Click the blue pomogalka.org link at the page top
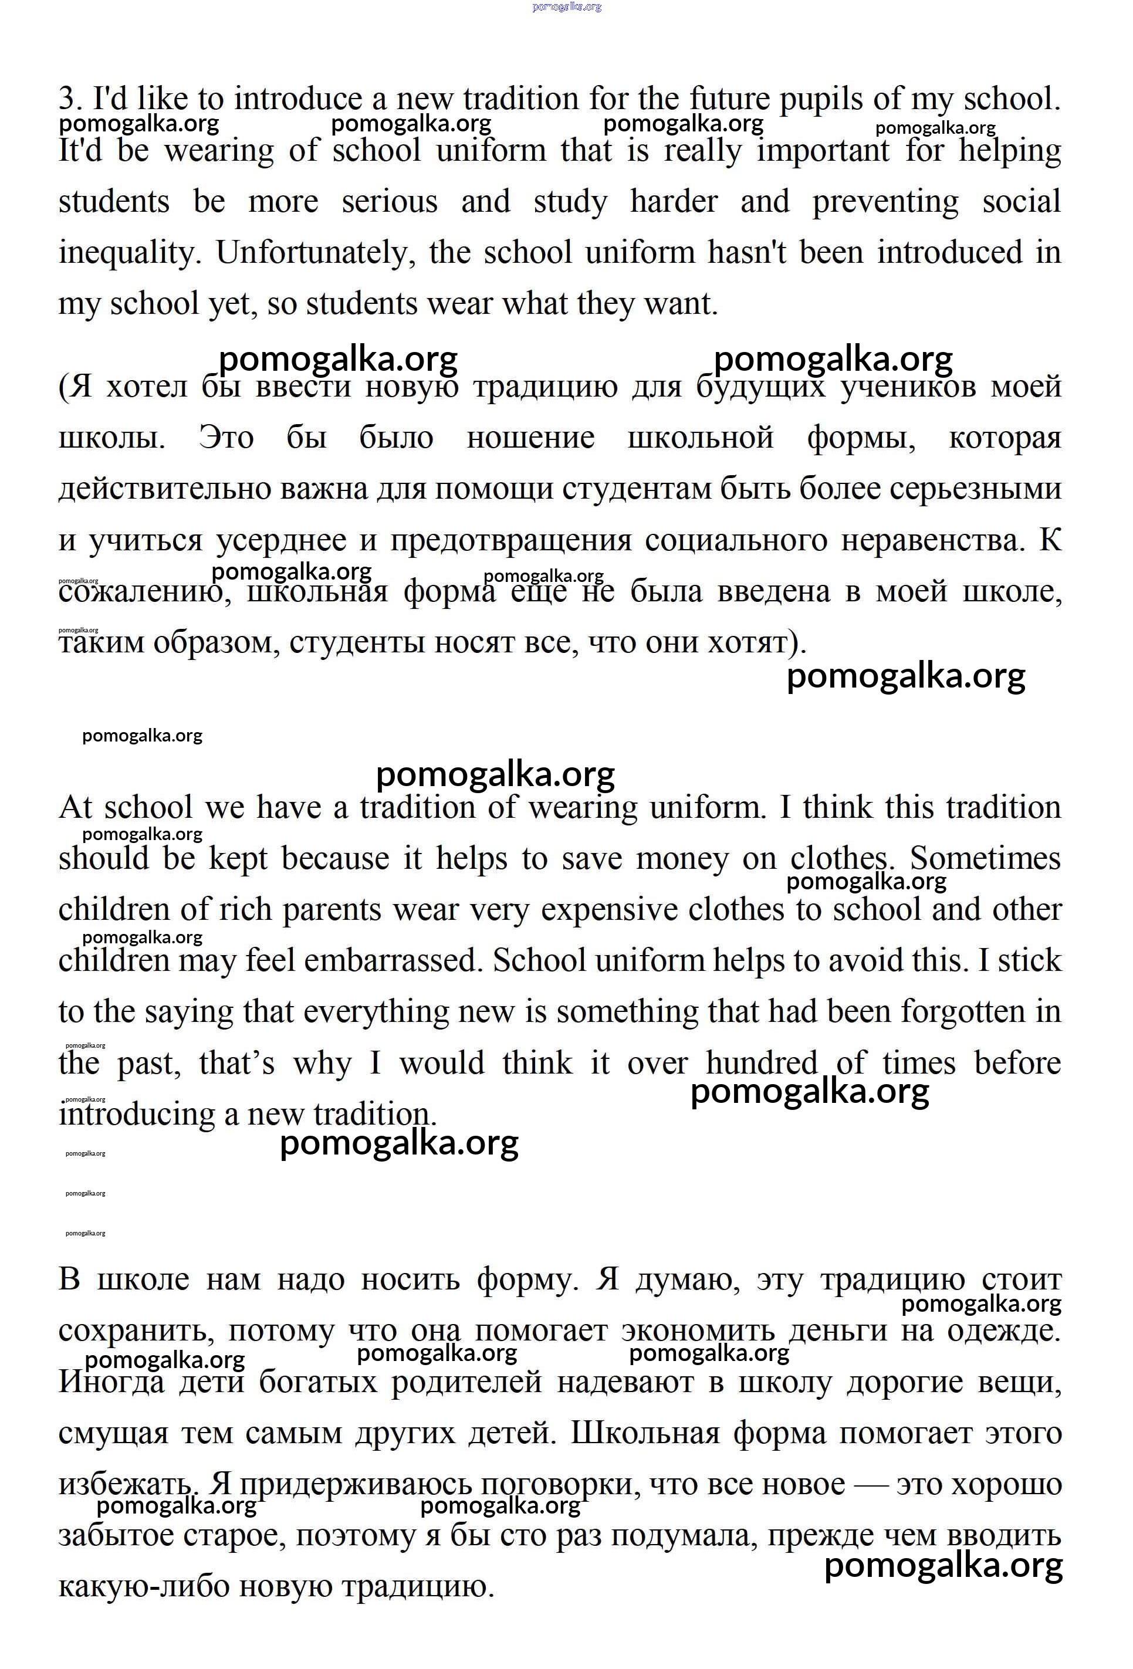point(566,7)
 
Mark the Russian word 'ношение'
point(530,438)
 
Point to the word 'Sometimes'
point(985,858)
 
